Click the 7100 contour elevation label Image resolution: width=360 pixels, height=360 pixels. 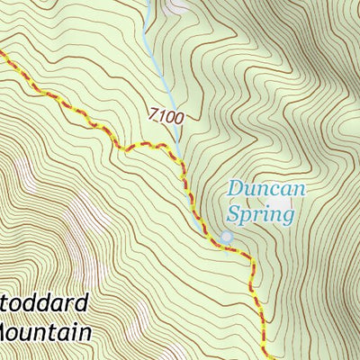point(166,115)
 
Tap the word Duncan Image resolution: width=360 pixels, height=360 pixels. point(266,190)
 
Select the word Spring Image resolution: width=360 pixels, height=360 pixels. point(261,215)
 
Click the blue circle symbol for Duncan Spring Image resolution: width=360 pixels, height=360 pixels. point(226,237)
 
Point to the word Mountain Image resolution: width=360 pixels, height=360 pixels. point(45,332)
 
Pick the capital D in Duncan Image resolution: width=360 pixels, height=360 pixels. point(236,189)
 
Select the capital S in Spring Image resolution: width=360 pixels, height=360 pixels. point(233,214)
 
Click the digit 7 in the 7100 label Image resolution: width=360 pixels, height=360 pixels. point(154,114)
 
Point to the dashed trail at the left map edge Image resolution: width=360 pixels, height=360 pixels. point(3,56)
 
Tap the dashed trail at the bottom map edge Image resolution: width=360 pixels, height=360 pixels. point(265,356)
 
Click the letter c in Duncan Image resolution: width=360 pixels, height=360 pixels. point(270,191)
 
